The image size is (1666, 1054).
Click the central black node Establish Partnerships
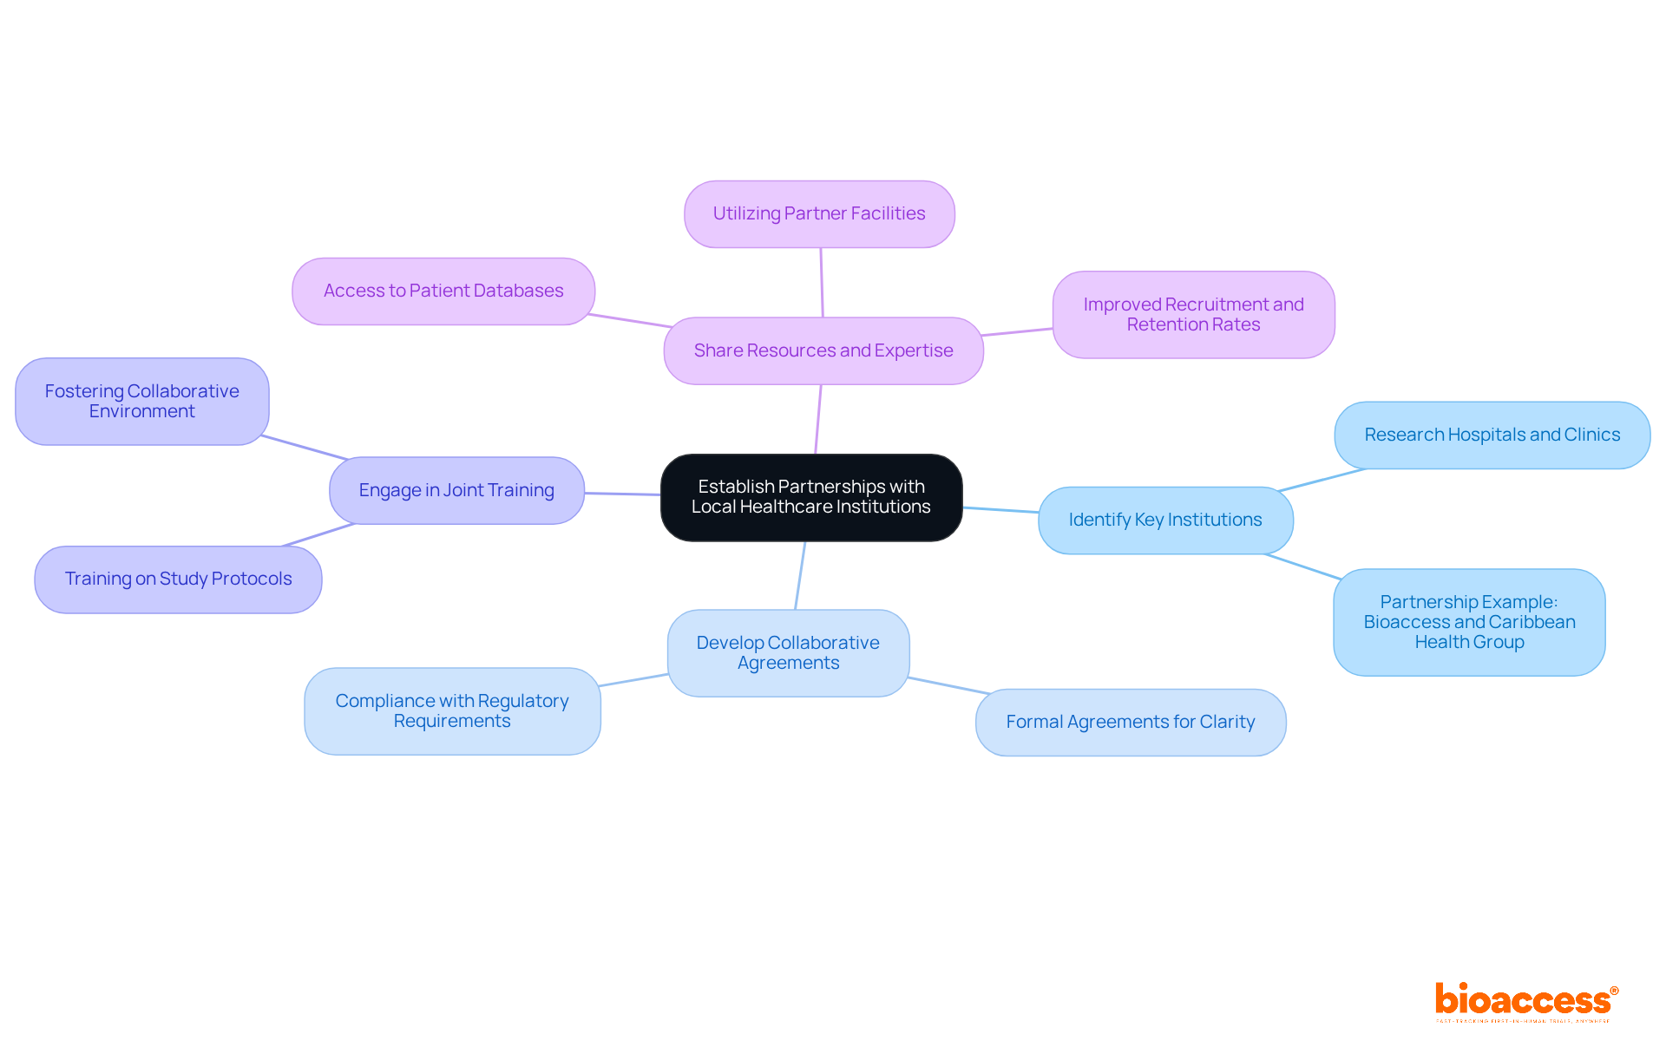pyautogui.click(x=811, y=497)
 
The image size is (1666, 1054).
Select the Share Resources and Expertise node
pyautogui.click(x=823, y=350)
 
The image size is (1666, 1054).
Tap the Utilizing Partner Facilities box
pyautogui.click(x=819, y=214)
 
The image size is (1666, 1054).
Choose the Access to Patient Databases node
pyautogui.click(x=443, y=291)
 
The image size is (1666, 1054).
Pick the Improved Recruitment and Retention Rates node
pyautogui.click(x=1193, y=314)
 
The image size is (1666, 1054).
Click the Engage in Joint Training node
pyautogui.click(x=456, y=490)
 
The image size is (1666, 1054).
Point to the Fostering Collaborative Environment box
pyautogui.click(x=141, y=401)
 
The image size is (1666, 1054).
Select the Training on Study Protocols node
pyautogui.click(x=178, y=579)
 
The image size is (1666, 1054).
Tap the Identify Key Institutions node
pyautogui.click(x=1164, y=520)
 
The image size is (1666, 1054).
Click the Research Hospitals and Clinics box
pyautogui.click(x=1492, y=435)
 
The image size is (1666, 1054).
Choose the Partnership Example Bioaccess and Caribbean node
pyautogui.click(x=1468, y=622)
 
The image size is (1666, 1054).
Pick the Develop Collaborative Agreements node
pyautogui.click(x=788, y=652)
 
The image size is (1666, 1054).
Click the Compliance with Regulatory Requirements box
pyautogui.click(x=452, y=710)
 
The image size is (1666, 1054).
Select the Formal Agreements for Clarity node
pyautogui.click(x=1130, y=722)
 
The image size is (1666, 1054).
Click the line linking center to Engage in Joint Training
pyautogui.click(x=622, y=494)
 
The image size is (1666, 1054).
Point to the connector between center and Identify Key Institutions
pyautogui.click(x=1000, y=510)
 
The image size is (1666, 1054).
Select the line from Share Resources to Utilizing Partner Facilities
pyautogui.click(x=822, y=283)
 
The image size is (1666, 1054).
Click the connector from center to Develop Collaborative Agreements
pyautogui.click(x=800, y=575)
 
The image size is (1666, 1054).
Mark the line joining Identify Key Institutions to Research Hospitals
pyautogui.click(x=1322, y=480)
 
